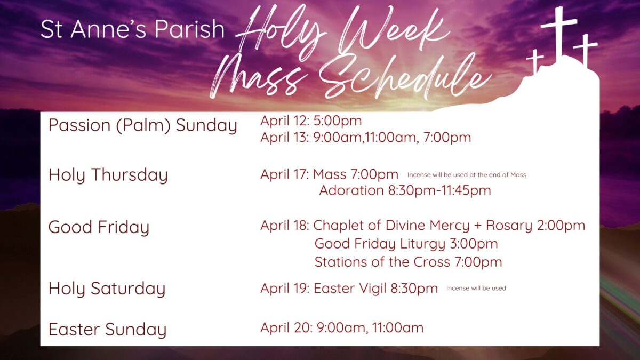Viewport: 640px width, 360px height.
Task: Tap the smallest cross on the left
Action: point(535,60)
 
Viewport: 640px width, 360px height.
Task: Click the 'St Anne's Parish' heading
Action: point(132,29)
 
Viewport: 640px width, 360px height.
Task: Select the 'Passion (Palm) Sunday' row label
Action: point(143,125)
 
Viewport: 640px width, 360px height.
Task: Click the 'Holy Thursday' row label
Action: point(108,175)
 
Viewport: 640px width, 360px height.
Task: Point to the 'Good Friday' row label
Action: point(99,227)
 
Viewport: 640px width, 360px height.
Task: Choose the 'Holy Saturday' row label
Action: point(107,289)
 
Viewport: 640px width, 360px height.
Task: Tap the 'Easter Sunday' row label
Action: point(107,330)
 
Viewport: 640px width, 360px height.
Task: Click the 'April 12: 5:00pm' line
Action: point(311,121)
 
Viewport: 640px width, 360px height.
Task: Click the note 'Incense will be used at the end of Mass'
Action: point(467,175)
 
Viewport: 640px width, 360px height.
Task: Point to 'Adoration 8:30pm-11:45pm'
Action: point(405,190)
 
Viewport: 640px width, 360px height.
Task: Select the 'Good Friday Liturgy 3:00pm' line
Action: point(406,244)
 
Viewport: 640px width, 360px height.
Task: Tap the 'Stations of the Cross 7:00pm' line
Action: point(408,262)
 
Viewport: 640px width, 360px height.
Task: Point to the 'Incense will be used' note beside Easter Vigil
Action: point(476,289)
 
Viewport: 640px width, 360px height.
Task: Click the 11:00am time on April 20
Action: point(398,327)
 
